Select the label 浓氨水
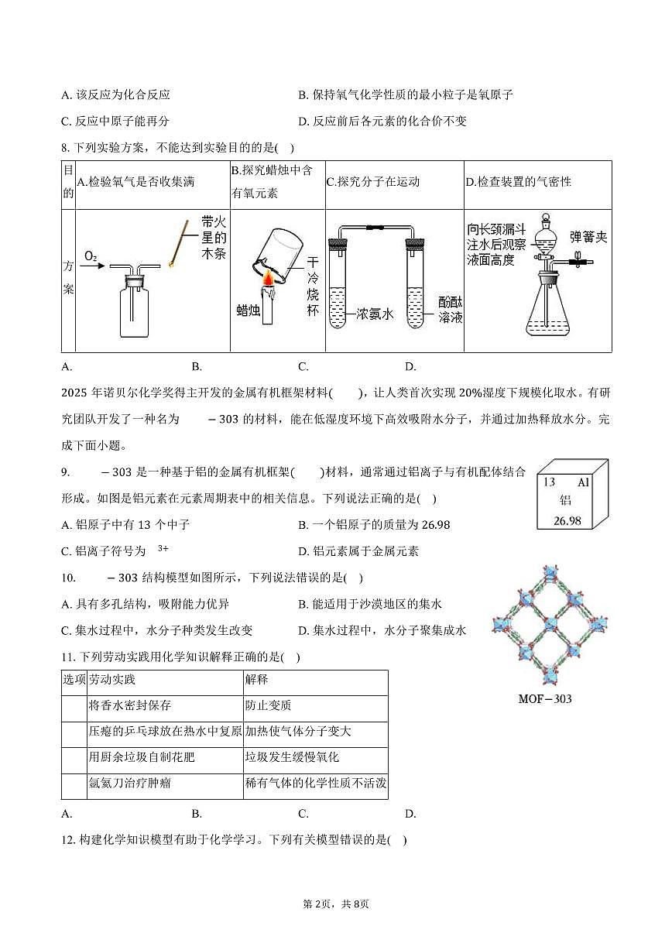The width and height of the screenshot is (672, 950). (375, 314)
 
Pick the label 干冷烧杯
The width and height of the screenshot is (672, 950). (312, 286)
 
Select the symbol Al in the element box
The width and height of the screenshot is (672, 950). (584, 482)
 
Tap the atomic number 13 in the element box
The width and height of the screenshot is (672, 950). (549, 482)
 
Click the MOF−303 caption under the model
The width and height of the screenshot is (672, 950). (544, 699)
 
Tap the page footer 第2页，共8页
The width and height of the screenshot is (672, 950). (335, 904)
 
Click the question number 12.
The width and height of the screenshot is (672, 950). (67, 839)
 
